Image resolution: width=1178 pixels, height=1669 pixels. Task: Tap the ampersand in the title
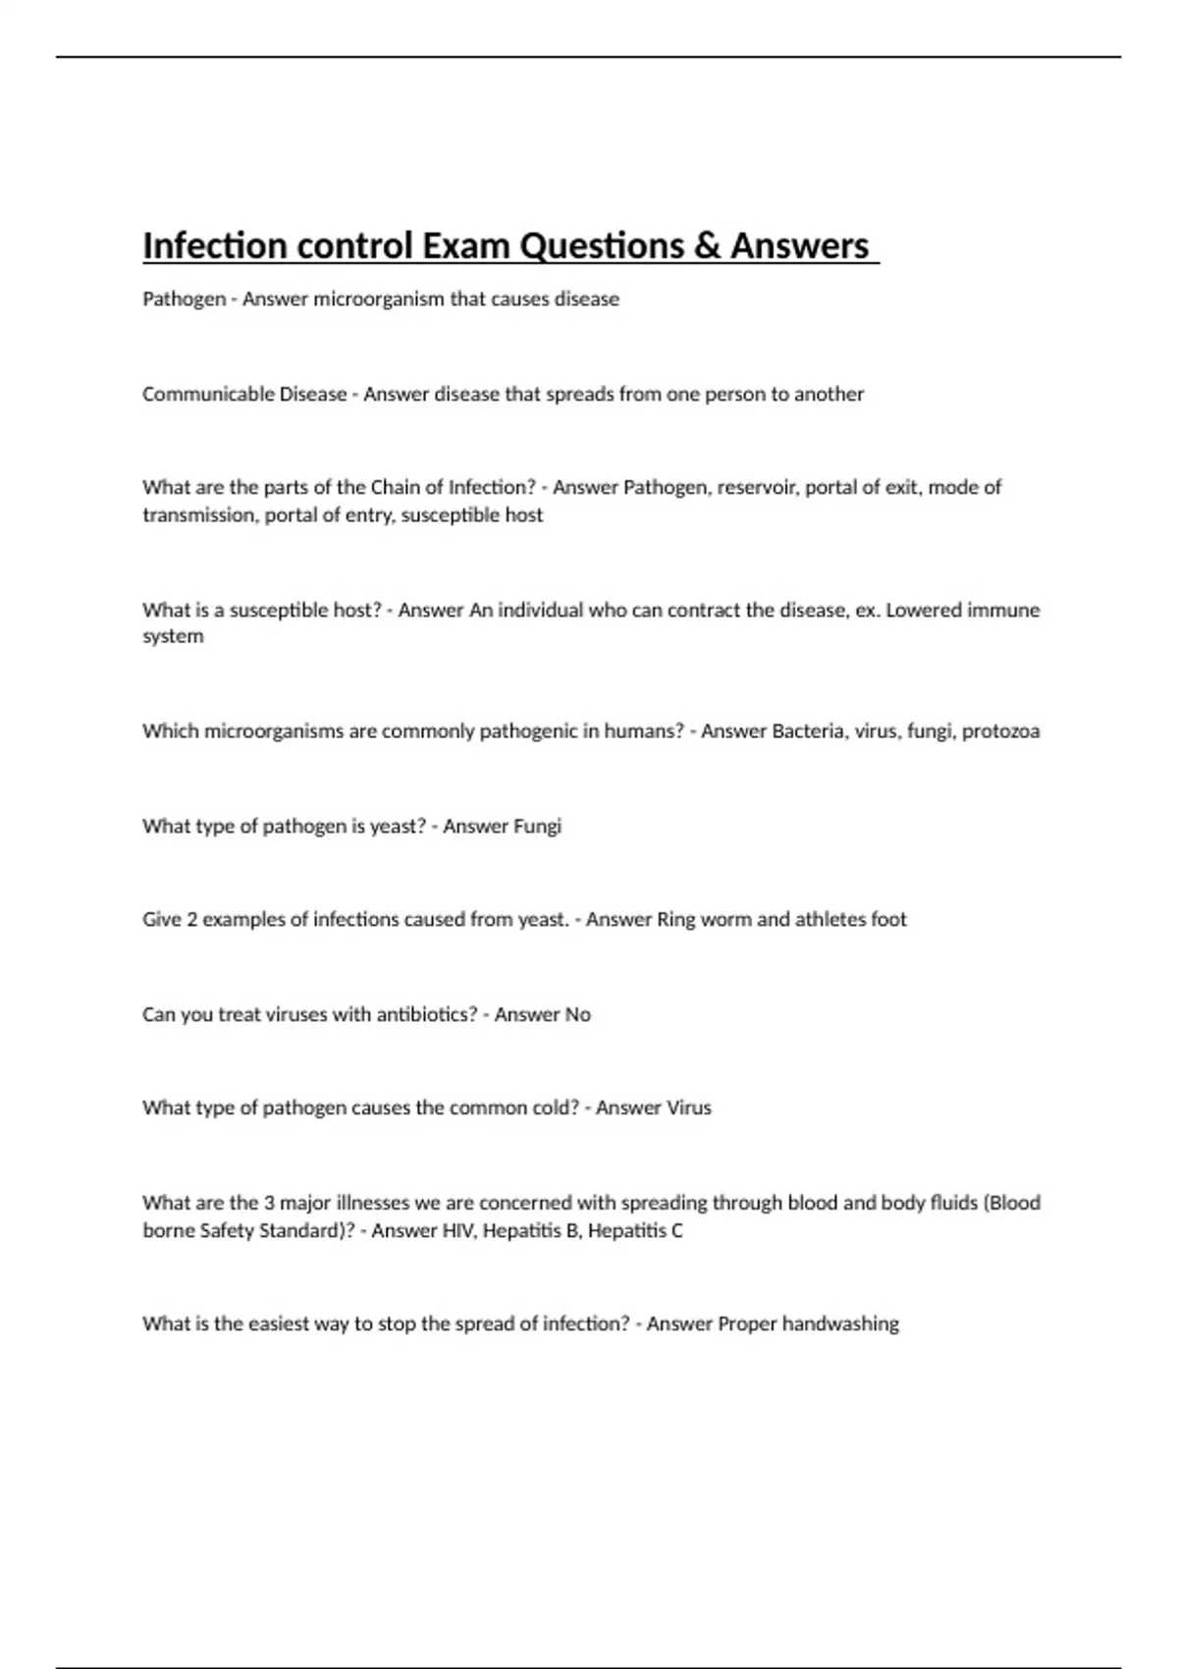706,245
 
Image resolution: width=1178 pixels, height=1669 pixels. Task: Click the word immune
1003,610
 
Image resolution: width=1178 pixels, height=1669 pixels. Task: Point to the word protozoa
1000,731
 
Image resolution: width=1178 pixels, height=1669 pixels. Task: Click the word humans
643,730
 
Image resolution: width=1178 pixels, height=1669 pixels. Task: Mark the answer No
577,1014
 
